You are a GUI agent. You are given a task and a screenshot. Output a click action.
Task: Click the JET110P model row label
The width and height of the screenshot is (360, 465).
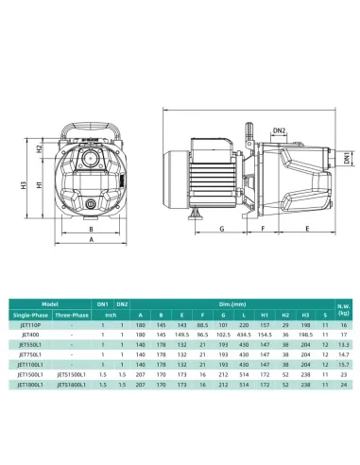click(x=30, y=323)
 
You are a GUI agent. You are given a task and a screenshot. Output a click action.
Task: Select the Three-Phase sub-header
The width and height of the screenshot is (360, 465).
click(x=71, y=314)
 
